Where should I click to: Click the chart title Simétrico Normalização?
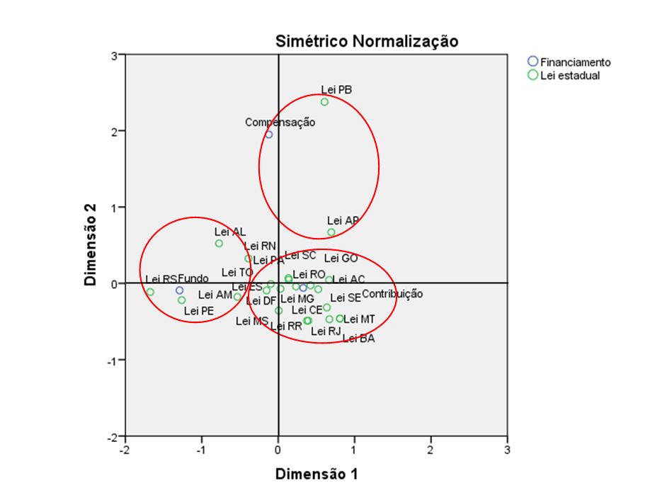pos(367,42)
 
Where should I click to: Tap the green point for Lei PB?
pos(324,102)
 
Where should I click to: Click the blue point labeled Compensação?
pos(269,135)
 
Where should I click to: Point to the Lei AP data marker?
pos(331,232)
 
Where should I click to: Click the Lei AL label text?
pos(229,232)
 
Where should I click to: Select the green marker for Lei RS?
pos(150,292)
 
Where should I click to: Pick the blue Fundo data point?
pos(180,290)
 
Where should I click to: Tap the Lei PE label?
pos(199,310)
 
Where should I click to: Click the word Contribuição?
pos(392,294)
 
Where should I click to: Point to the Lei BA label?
pos(358,339)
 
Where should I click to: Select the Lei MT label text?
pos(359,319)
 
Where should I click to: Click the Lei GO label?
pos(341,259)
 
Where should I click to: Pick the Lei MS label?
pos(252,321)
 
